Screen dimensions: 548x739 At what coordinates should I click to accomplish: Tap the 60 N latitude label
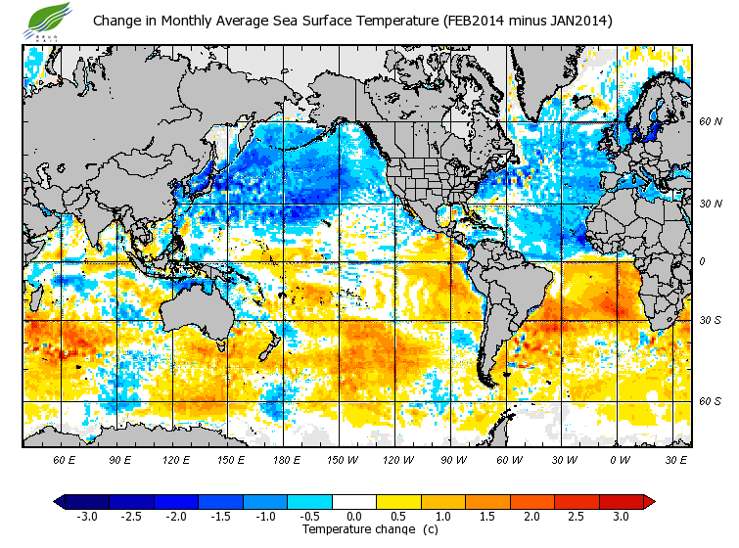point(710,121)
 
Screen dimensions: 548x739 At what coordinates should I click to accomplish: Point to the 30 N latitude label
point(710,204)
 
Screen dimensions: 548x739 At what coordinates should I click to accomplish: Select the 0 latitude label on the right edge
point(702,261)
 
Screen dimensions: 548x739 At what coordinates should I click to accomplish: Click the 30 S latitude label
point(710,320)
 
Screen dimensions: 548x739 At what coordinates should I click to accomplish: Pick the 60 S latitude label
point(710,401)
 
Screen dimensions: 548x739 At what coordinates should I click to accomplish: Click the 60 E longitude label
point(65,459)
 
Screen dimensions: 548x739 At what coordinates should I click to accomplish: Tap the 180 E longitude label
point(286,459)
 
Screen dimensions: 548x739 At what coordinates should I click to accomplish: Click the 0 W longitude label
point(620,459)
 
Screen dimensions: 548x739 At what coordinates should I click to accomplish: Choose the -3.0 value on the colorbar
point(86,516)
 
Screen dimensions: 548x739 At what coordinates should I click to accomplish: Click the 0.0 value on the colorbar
point(353,516)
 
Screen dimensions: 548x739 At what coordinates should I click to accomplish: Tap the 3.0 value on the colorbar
point(620,516)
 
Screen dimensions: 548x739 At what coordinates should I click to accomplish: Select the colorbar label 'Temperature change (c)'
point(356,529)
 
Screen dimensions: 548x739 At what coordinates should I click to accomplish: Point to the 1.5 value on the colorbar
point(486,516)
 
